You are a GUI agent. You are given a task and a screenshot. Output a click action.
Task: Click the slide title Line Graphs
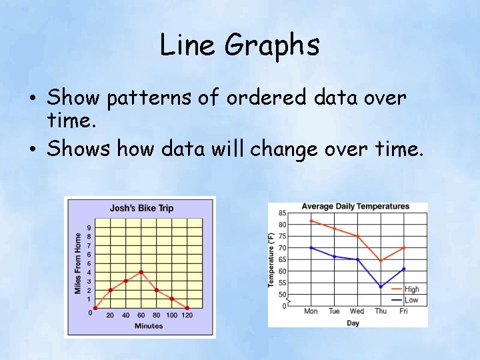point(240,45)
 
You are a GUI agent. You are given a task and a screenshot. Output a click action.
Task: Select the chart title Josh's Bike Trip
point(141,208)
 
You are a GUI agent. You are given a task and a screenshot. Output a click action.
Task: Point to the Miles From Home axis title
point(78,263)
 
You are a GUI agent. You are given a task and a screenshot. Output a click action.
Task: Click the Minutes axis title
point(149,326)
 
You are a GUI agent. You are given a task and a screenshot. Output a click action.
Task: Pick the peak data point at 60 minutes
point(141,272)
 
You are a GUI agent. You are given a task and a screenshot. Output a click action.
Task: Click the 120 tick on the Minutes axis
point(187,315)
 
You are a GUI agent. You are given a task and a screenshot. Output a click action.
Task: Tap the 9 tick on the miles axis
point(89,228)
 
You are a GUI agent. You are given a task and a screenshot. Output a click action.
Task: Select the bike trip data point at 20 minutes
point(111,290)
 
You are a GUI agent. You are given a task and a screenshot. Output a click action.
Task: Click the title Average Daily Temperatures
point(355,206)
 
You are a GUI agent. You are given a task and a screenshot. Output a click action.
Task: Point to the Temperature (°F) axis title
point(271,260)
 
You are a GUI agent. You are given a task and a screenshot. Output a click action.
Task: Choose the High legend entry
point(411,289)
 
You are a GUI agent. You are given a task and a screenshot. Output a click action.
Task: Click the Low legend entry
point(411,300)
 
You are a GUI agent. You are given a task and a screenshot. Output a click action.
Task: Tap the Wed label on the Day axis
point(357,311)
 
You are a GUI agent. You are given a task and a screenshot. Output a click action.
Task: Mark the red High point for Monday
point(311,221)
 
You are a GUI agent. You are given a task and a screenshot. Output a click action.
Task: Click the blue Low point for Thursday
point(381,287)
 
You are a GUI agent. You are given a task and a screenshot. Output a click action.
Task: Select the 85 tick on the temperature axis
point(283,213)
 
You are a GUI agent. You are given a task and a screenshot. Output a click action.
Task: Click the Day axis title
point(353,323)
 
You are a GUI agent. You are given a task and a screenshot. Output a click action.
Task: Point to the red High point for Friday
point(403,248)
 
